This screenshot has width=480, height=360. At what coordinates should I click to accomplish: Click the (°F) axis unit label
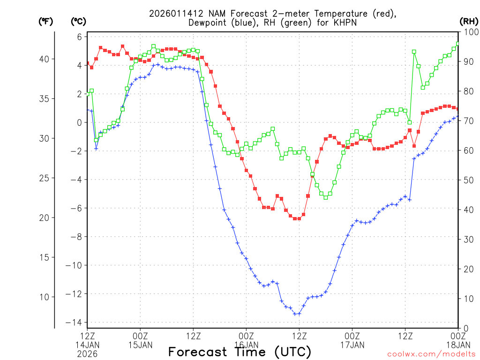point(45,21)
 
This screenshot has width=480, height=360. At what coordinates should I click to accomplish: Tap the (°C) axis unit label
point(78,21)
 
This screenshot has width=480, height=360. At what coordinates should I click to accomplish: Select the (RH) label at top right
point(468,21)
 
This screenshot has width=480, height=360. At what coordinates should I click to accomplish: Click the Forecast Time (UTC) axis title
point(240,352)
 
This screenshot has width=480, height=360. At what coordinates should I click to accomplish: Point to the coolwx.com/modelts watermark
point(431,354)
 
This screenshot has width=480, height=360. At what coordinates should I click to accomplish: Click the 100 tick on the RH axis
point(470,32)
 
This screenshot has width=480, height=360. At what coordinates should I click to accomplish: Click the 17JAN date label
point(352,345)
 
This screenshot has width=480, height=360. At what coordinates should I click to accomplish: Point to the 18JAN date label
point(458,345)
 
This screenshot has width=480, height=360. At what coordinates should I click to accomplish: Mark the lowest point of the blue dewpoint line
point(297,314)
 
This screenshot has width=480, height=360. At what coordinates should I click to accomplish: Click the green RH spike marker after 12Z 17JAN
point(414,52)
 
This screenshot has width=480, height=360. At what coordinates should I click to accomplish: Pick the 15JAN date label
point(140,345)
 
